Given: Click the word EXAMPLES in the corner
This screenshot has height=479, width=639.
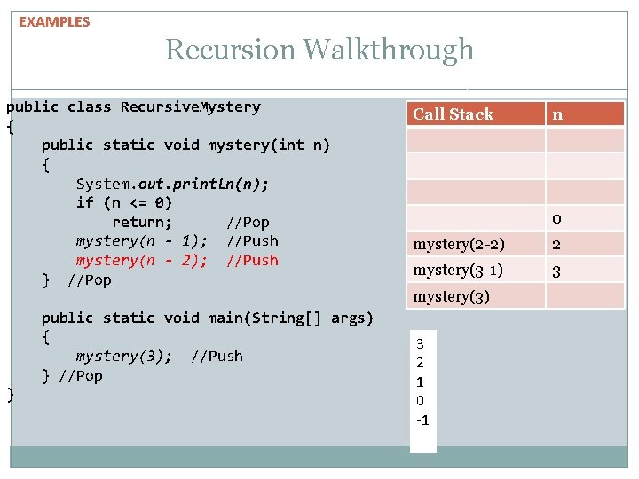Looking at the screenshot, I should [x=54, y=21].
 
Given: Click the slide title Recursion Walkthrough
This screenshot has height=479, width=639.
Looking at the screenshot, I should [x=319, y=50].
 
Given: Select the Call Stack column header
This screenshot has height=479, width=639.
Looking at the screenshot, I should [x=453, y=114].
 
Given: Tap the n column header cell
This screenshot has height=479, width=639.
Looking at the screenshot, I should [x=557, y=114].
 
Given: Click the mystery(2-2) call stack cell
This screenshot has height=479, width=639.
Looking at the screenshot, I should [x=459, y=244].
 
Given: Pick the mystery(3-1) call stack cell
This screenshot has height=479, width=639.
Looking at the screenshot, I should [x=458, y=270].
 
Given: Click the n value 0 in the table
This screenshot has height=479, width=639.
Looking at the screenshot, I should [x=556, y=218].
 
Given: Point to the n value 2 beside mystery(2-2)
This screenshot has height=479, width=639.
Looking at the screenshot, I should [x=556, y=245].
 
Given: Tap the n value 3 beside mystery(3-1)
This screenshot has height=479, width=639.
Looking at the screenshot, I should [x=556, y=271].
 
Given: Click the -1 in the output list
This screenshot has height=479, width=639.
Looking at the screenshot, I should [x=422, y=420].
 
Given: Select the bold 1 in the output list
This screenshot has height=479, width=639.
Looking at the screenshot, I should [x=421, y=381].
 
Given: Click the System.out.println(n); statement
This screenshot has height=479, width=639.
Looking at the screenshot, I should [x=172, y=184].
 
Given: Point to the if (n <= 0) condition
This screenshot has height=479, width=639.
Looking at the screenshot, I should [x=124, y=202].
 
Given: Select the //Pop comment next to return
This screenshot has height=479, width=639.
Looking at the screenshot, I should [x=248, y=222].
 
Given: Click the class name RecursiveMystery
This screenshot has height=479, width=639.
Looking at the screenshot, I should [x=191, y=107].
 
